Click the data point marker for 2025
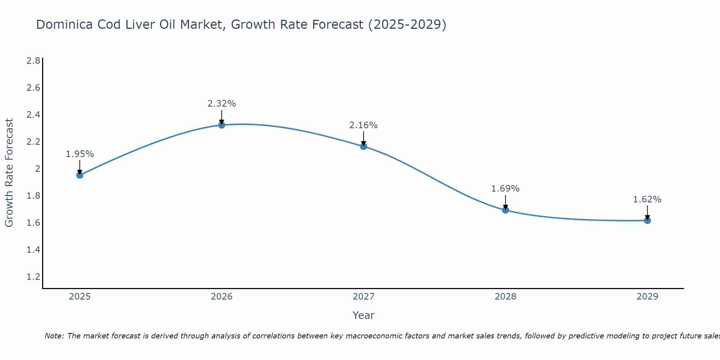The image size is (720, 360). [80, 175]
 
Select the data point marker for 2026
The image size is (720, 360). [222, 125]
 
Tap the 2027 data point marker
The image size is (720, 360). [364, 146]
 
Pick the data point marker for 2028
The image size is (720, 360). [505, 210]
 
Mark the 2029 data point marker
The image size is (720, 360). [647, 220]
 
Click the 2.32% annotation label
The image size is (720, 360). [222, 104]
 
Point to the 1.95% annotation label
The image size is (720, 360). [80, 154]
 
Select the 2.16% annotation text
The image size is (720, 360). [364, 125]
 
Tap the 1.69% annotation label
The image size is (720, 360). [505, 189]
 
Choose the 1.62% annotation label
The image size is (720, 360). [647, 199]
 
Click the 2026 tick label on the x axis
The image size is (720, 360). [222, 297]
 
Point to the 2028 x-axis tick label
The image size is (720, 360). [505, 297]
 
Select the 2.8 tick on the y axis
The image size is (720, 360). [33, 60]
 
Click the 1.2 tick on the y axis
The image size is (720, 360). [33, 277]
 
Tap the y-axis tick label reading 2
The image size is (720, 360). [37, 168]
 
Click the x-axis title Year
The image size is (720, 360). [364, 315]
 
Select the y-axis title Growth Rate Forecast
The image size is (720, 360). [9, 173]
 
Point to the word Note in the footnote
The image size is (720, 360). [54, 336]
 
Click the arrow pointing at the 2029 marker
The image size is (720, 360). [647, 212]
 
